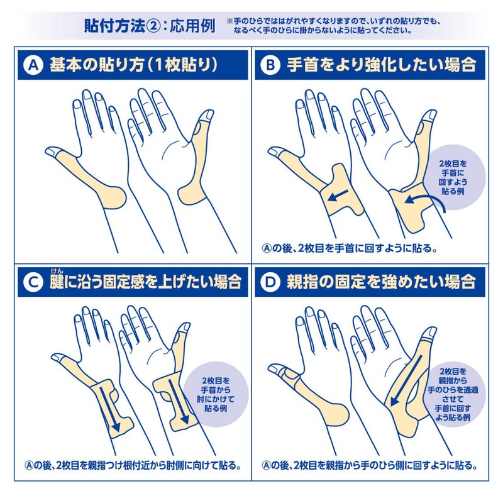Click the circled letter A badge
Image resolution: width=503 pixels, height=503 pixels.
[33, 64]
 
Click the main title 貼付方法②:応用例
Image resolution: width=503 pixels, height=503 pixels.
[149, 26]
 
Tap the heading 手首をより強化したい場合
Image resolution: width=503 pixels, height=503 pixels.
[380, 64]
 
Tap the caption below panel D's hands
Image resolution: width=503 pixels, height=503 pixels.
[368, 466]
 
